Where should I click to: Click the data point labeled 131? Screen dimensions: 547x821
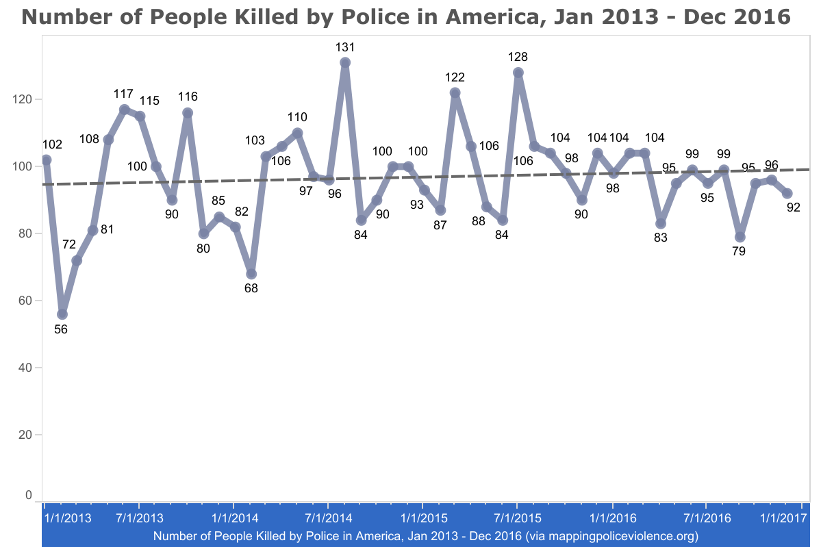pos(345,62)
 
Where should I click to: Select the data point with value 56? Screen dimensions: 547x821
pos(62,314)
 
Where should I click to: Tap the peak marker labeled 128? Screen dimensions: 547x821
pos(518,73)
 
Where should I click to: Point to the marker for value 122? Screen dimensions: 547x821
pos(455,92)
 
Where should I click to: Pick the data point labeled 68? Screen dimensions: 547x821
pos(251,274)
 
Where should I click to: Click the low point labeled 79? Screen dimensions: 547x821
pos(740,237)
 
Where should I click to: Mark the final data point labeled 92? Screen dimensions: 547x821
pos(787,193)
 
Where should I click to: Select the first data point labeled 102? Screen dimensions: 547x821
pos(47,160)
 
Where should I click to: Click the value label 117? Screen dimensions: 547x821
pos(125,94)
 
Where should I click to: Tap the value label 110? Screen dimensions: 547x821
pos(297,117)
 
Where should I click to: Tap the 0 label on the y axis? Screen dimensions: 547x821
pos(29,495)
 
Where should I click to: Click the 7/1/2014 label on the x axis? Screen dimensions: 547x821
pos(327,519)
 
